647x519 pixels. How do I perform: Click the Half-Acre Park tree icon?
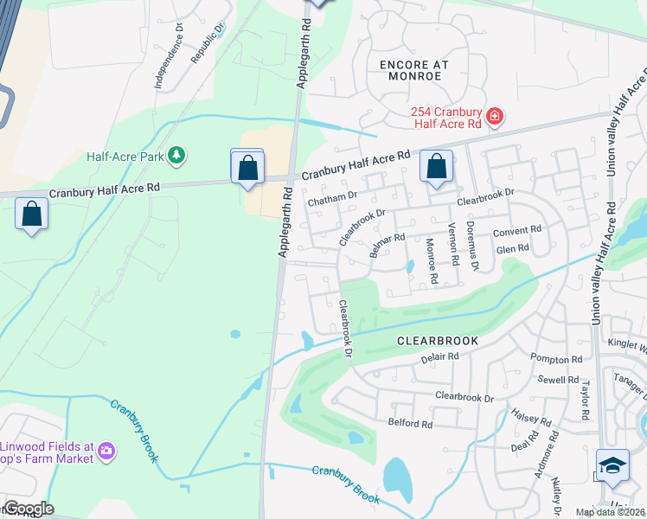tap(176, 156)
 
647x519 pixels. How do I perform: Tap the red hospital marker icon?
tap(495, 116)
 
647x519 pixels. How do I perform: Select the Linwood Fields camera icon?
tap(106, 450)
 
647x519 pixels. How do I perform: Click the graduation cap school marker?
tap(612, 465)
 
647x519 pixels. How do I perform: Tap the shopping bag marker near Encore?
tap(437, 166)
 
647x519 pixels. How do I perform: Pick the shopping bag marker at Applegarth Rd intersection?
tap(247, 168)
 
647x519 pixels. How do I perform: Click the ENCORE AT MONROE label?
tap(410, 70)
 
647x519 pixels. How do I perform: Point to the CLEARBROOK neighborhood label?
tap(437, 341)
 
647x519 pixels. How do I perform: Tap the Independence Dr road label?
tap(169, 56)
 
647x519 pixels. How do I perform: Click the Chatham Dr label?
tap(332, 198)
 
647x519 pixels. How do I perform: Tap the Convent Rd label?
tap(516, 232)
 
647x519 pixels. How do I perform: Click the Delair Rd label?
tap(439, 356)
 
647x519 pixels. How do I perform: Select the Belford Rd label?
tap(410, 424)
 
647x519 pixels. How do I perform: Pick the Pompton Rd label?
tap(557, 359)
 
